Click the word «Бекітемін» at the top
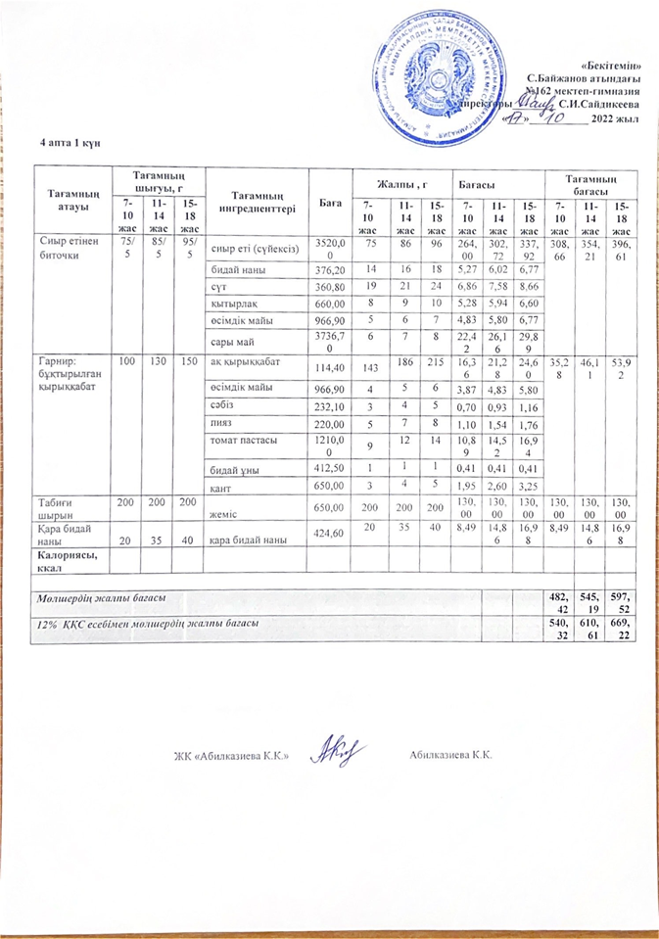click(614, 64)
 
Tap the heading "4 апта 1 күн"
click(70, 144)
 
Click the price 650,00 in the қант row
click(326, 488)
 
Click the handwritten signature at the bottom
click(336, 753)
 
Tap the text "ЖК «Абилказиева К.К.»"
click(230, 760)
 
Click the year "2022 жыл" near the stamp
click(616, 119)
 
